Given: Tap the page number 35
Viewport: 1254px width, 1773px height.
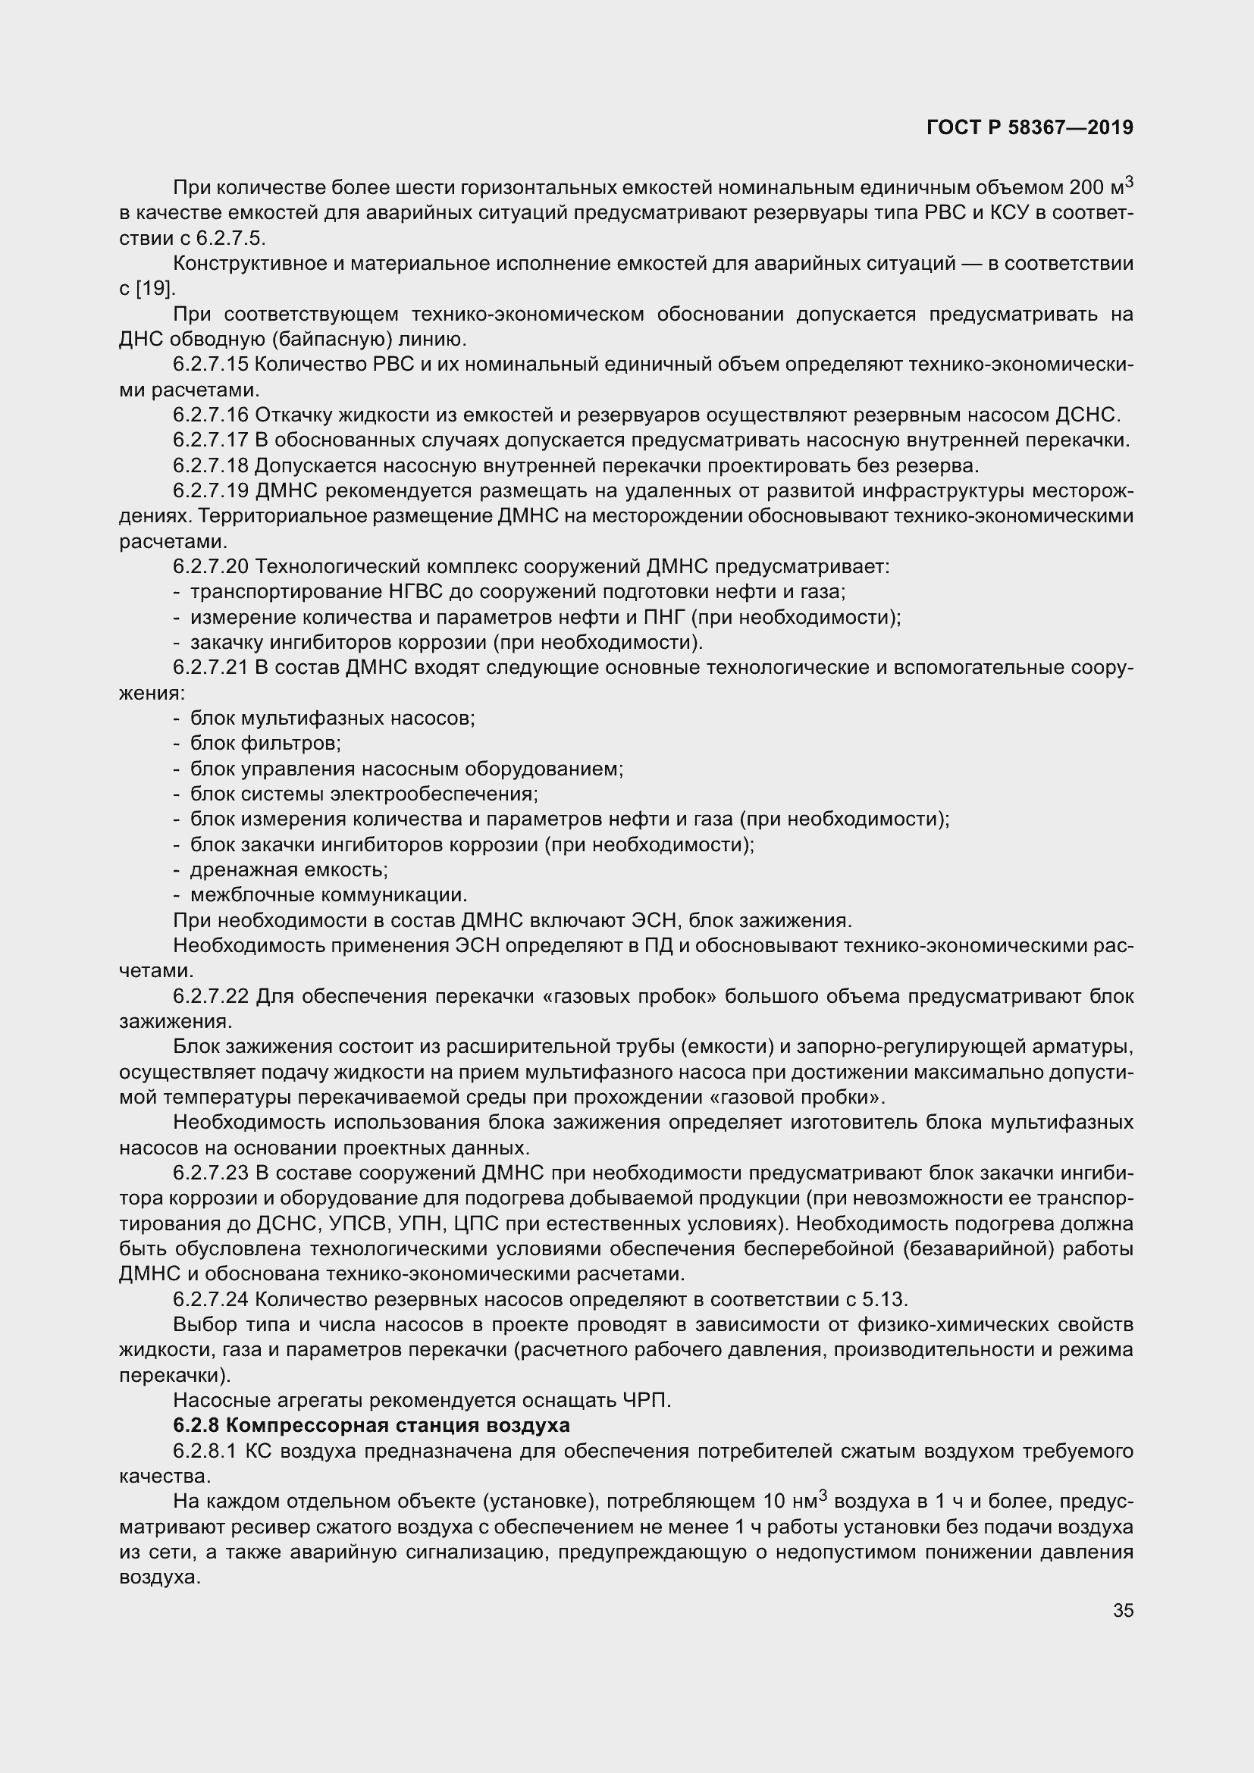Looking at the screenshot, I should [x=1123, y=1610].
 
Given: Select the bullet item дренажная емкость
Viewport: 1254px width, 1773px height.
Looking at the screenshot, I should [x=289, y=869].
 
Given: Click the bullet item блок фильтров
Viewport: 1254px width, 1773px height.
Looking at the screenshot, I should [x=265, y=744].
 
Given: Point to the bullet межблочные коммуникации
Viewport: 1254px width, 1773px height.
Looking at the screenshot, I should [x=329, y=895].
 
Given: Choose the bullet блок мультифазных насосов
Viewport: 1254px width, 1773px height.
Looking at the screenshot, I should [x=332, y=718].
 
